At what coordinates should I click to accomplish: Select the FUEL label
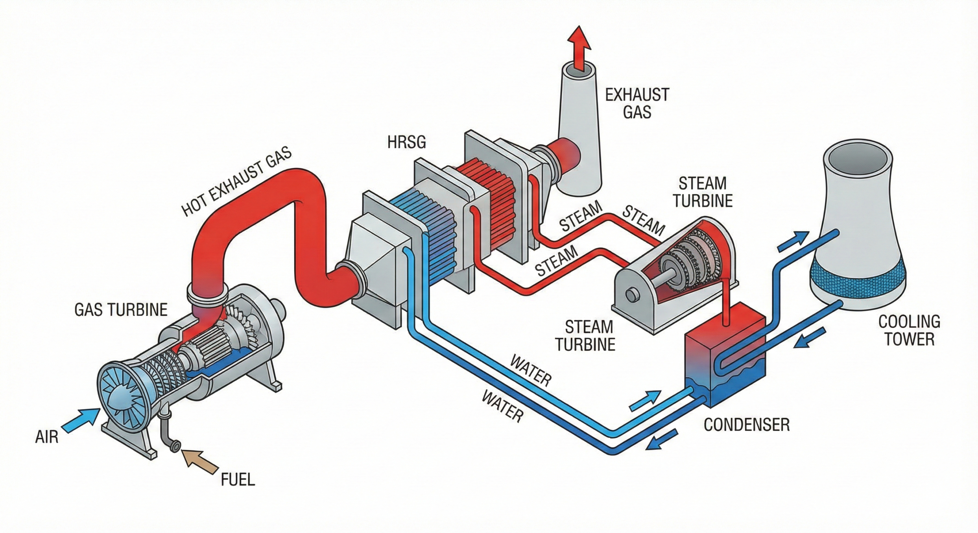(x=238, y=479)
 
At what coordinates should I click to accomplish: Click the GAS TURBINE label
(x=121, y=310)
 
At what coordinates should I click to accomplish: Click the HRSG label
(x=406, y=142)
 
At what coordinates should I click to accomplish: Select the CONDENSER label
(x=746, y=425)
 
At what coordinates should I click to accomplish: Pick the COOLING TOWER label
(x=909, y=330)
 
